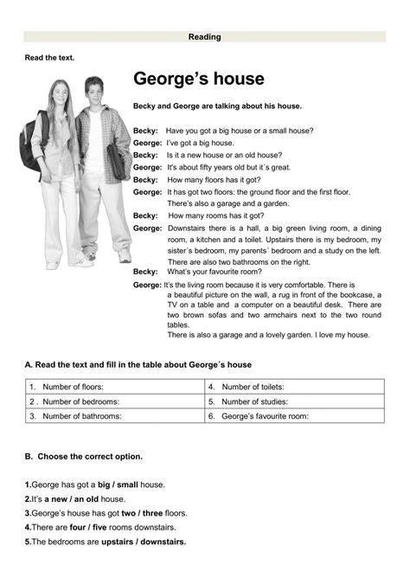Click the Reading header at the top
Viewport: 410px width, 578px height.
205,37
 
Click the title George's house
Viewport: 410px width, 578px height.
198,80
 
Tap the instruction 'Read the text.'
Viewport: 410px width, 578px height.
49,57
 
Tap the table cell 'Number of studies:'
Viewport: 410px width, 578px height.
253,401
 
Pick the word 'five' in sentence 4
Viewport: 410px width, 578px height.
101,527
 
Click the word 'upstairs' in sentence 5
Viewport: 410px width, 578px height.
119,542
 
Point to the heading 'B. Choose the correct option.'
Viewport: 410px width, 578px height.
84,456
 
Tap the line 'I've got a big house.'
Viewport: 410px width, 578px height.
201,143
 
